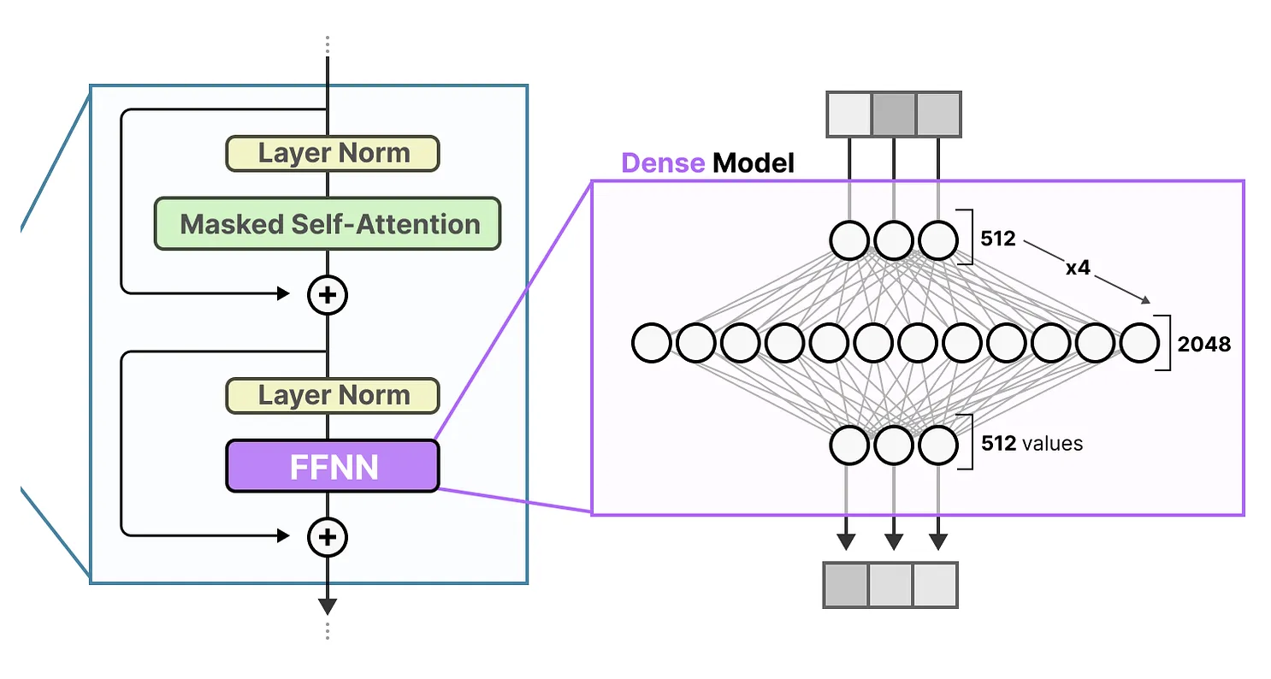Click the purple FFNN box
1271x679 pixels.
332,466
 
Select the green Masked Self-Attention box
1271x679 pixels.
328,224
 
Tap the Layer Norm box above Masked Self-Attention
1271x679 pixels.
332,153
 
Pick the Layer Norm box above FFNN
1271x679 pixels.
332,395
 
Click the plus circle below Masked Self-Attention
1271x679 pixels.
328,295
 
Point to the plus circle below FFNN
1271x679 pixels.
328,537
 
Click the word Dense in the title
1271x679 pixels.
663,162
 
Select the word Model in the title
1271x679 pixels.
754,162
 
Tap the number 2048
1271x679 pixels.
1203,345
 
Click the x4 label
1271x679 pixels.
1078,268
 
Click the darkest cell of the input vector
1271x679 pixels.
894,115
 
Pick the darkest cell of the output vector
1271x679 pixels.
845,584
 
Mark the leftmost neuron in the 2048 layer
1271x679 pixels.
652,343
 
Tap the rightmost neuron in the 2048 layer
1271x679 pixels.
1139,343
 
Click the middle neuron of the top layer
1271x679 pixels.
894,241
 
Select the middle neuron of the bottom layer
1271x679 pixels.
894,445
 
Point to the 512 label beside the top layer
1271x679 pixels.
998,239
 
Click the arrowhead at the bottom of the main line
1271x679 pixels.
328,606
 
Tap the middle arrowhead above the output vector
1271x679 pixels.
894,541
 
